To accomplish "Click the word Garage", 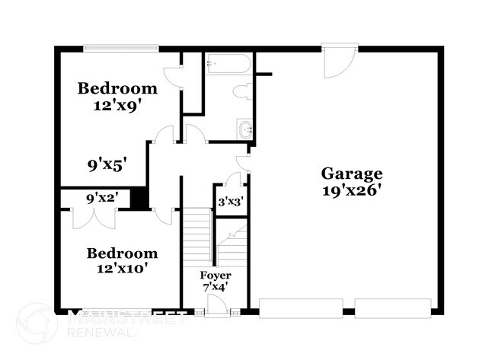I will tap(350, 173).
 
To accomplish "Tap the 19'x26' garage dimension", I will tap(350, 190).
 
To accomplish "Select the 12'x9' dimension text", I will tap(118, 107).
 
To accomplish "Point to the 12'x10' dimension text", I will tap(121, 269).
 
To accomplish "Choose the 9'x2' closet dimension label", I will tap(102, 199).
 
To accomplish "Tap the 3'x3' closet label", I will tap(230, 203).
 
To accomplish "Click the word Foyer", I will tap(216, 275).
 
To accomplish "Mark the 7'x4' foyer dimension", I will tap(216, 288).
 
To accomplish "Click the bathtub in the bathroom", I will tap(227, 64).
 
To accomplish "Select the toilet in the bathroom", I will tap(244, 93).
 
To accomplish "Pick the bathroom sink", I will tap(245, 129).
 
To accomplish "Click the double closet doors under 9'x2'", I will tap(94, 217).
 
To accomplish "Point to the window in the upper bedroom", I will tap(121, 49).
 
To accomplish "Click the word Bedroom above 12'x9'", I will tap(118, 89).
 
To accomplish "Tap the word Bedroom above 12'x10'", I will tap(122, 253).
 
